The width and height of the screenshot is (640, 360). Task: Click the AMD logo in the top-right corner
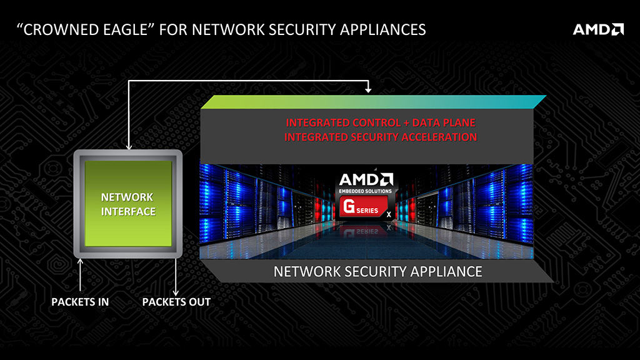pyautogui.click(x=598, y=29)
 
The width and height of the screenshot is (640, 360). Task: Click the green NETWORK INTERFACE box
pyautogui.click(x=128, y=204)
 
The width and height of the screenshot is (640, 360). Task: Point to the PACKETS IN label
pyautogui.click(x=80, y=302)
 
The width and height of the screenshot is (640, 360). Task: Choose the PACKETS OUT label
pyautogui.click(x=176, y=302)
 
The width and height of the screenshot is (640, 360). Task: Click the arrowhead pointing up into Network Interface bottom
pyautogui.click(x=81, y=261)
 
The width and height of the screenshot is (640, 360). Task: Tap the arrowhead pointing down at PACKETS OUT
pyautogui.click(x=176, y=292)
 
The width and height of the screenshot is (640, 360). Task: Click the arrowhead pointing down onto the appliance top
pyautogui.click(x=368, y=90)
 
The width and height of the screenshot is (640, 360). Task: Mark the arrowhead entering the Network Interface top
pyautogui.click(x=128, y=147)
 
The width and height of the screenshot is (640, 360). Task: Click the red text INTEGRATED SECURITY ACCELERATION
pyautogui.click(x=381, y=137)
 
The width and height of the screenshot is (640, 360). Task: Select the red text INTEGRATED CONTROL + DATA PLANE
pyautogui.click(x=381, y=122)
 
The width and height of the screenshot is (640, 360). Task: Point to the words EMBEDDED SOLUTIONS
pyautogui.click(x=365, y=191)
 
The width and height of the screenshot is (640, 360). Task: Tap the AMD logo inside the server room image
pyautogui.click(x=365, y=179)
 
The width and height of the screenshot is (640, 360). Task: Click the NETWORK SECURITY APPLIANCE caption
pyautogui.click(x=378, y=272)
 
